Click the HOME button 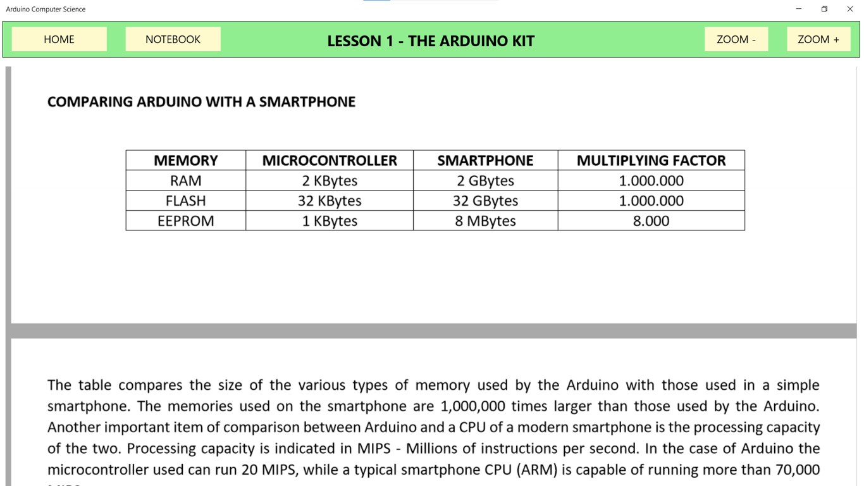[x=59, y=39]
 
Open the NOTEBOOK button [x=173, y=39]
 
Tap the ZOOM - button [x=736, y=39]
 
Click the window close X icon [x=850, y=9]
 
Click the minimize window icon [x=799, y=9]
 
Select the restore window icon [x=824, y=9]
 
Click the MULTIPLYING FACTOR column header [x=651, y=161]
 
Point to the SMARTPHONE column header [x=485, y=161]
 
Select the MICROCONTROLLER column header [x=330, y=161]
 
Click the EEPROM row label [x=185, y=221]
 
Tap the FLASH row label [x=185, y=201]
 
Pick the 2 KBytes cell [x=330, y=181]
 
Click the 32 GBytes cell [x=485, y=201]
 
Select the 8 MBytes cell [x=485, y=221]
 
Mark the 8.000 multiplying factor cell [x=651, y=221]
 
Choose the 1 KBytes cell [x=330, y=221]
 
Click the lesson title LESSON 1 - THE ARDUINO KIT [x=431, y=41]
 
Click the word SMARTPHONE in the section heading [x=307, y=102]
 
